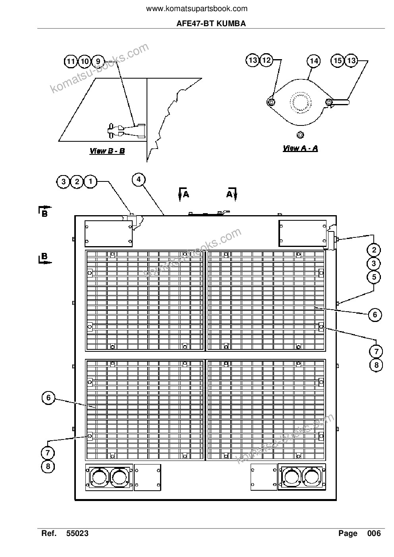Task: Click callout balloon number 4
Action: pos(139,179)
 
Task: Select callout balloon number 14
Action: pos(314,61)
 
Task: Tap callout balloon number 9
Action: pos(98,61)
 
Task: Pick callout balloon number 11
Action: pos(71,61)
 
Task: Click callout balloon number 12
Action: pos(267,60)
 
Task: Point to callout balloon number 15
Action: pos(337,60)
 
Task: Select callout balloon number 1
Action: pos(90,181)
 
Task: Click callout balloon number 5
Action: pos(374,277)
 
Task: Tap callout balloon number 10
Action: pos(84,61)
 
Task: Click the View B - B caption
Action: pos(107,151)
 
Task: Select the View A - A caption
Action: pos(301,148)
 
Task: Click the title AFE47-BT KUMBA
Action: pos(211,24)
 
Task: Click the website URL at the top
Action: pos(197,9)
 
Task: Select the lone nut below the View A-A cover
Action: pos(300,135)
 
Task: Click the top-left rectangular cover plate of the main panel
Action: pos(108,234)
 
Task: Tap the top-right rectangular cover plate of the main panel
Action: pos(303,233)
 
